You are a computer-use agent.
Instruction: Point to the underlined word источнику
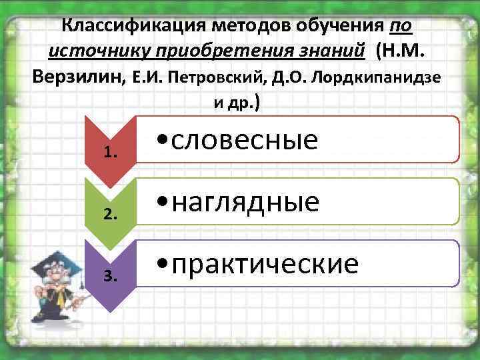point(95,51)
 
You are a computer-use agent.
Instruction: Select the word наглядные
point(247,201)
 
